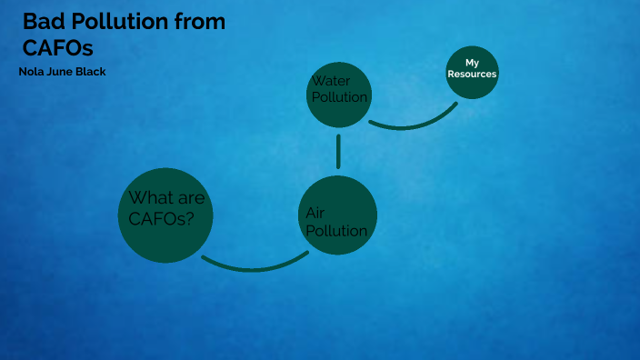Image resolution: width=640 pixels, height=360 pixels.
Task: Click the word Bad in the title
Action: (43, 21)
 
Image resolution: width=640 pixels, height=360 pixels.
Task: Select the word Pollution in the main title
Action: (117, 21)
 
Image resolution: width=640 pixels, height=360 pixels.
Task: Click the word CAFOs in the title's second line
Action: (58, 46)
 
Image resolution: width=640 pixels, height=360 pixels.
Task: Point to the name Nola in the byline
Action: (33, 71)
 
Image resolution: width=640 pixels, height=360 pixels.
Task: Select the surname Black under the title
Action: (93, 71)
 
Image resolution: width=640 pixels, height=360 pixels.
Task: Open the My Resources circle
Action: (472, 71)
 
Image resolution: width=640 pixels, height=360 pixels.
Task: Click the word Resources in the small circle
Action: (472, 75)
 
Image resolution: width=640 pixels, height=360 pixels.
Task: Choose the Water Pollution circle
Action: (338, 94)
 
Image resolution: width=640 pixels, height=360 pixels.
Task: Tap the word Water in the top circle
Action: (332, 82)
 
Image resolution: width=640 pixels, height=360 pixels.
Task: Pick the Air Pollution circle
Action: (337, 215)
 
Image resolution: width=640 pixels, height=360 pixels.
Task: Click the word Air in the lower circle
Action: (315, 212)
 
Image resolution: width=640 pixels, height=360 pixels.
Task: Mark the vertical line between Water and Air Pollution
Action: (338, 152)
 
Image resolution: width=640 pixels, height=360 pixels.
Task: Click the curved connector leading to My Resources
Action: (414, 125)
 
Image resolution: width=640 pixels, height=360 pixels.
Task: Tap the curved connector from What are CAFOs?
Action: (255, 267)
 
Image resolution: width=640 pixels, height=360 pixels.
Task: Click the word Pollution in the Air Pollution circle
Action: (336, 231)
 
